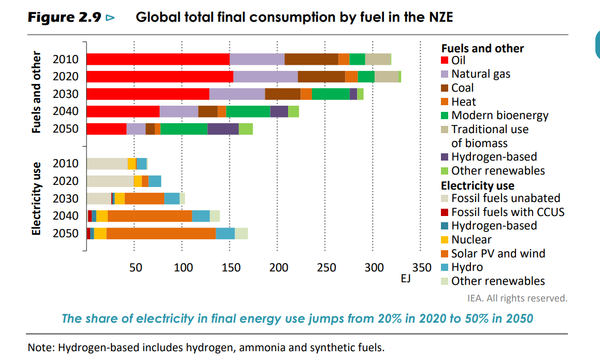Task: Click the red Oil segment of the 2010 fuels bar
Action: coord(158,59)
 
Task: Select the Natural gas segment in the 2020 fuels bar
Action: coord(265,77)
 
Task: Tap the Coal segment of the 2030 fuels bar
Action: coord(282,94)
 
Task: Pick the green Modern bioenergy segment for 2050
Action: coord(183,129)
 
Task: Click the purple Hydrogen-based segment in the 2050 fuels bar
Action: coord(223,129)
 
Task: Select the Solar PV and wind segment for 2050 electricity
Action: coord(161,234)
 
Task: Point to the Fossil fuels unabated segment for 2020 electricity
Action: coord(110,181)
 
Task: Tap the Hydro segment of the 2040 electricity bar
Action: coord(201,216)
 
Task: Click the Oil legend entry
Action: coord(459,61)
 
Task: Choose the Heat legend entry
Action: coord(463,102)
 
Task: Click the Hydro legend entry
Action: coord(467,267)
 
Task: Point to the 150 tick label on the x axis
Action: coord(231,268)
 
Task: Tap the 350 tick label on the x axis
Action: coord(421,268)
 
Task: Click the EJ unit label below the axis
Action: coord(406,279)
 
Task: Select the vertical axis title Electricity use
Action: coord(36,198)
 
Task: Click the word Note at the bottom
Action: coord(40,347)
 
